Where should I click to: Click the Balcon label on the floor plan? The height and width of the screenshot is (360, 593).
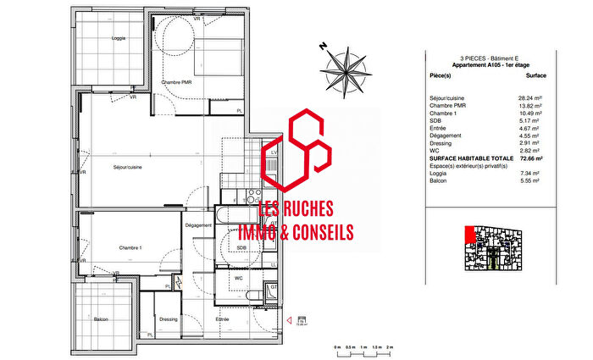[102, 319]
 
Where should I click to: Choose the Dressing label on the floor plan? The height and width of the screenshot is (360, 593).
[168, 319]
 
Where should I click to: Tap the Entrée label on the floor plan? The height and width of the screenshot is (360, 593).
[222, 319]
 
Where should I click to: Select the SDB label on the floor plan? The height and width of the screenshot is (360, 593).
[241, 247]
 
